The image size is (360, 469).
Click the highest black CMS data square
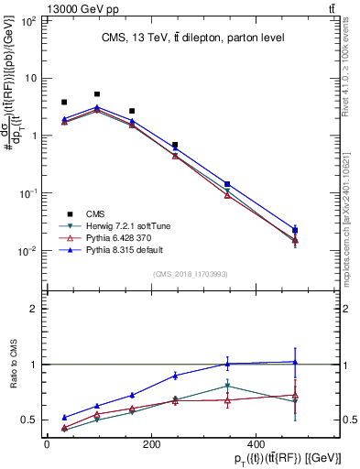(x=97, y=94)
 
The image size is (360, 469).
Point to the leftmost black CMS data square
(x=64, y=103)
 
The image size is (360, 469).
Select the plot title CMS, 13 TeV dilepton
(x=192, y=37)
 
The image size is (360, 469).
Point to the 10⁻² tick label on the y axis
(x=27, y=251)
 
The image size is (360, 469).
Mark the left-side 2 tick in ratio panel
(x=33, y=309)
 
